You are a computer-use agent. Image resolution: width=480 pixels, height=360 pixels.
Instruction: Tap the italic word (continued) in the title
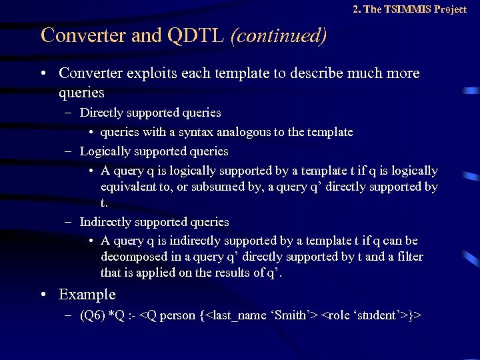[x=278, y=35]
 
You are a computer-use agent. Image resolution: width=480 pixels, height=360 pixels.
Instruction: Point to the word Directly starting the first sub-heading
[x=101, y=113]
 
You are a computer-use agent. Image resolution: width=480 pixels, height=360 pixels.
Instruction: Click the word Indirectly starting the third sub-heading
[x=107, y=221]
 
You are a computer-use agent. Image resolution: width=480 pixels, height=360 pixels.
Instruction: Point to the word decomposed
[x=132, y=257]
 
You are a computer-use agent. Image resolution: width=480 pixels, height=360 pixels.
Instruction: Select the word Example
[x=87, y=294]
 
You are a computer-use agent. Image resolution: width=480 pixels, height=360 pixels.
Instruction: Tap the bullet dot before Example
[x=44, y=294]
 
